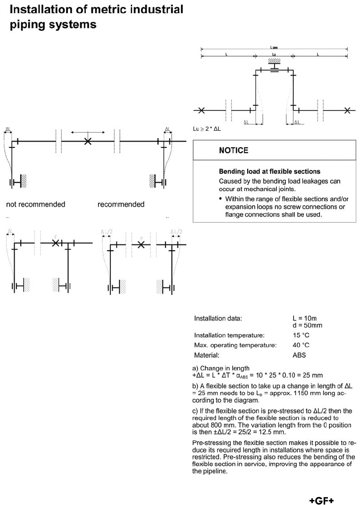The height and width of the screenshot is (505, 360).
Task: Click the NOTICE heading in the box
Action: pyautogui.click(x=233, y=151)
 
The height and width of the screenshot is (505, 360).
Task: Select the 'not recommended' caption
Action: pyautogui.click(x=35, y=204)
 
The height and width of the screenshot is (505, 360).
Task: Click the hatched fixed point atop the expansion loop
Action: pyautogui.click(x=274, y=61)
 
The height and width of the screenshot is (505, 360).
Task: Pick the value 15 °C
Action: pyautogui.click(x=301, y=335)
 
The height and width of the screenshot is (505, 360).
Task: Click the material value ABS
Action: pyautogui.click(x=299, y=355)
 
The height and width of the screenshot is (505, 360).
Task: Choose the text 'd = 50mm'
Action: pyautogui.click(x=307, y=326)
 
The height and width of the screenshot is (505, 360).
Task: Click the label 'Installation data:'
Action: pyautogui.click(x=218, y=319)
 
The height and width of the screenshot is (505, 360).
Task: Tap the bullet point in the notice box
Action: pyautogui.click(x=221, y=199)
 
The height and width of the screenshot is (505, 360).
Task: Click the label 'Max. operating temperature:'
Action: pyautogui.click(x=235, y=345)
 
